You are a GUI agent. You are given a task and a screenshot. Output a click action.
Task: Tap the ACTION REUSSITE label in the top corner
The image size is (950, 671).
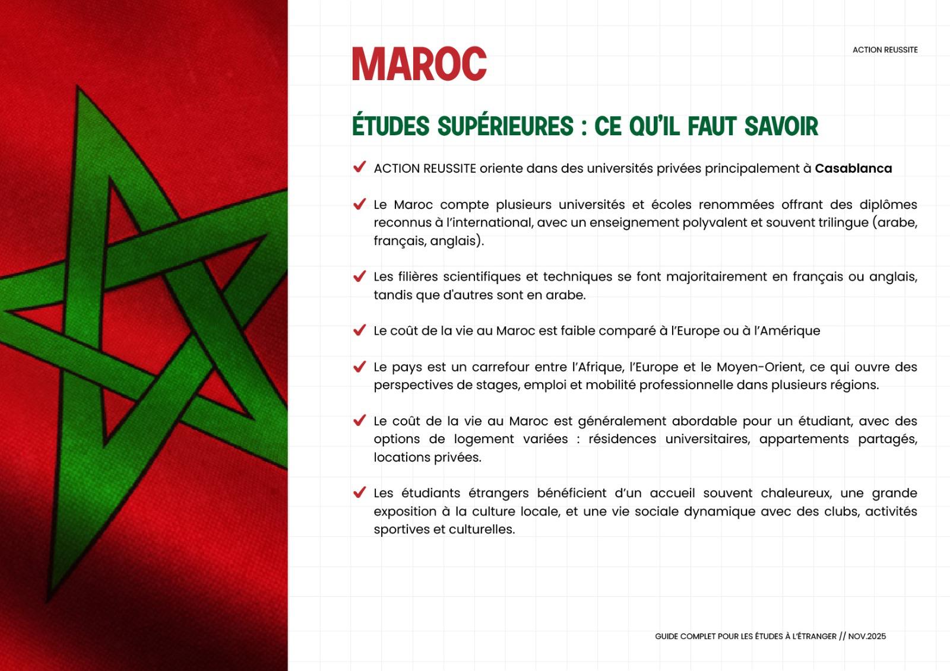tap(885, 50)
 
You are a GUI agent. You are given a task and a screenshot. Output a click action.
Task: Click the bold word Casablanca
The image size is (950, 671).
tap(853, 168)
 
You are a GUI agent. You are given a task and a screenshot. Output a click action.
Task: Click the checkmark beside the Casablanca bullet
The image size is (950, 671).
tap(359, 167)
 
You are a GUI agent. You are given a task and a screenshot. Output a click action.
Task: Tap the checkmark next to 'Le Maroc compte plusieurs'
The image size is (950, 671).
tap(359, 204)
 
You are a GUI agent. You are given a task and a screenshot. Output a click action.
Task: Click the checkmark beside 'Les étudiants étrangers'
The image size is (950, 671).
tap(359, 492)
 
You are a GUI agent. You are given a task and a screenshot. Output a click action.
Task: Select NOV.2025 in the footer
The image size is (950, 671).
tap(867, 637)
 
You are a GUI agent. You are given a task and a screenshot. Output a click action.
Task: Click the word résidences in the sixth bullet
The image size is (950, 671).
tap(622, 439)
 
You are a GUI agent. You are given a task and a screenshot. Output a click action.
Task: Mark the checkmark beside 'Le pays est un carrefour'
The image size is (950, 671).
tap(359, 366)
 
